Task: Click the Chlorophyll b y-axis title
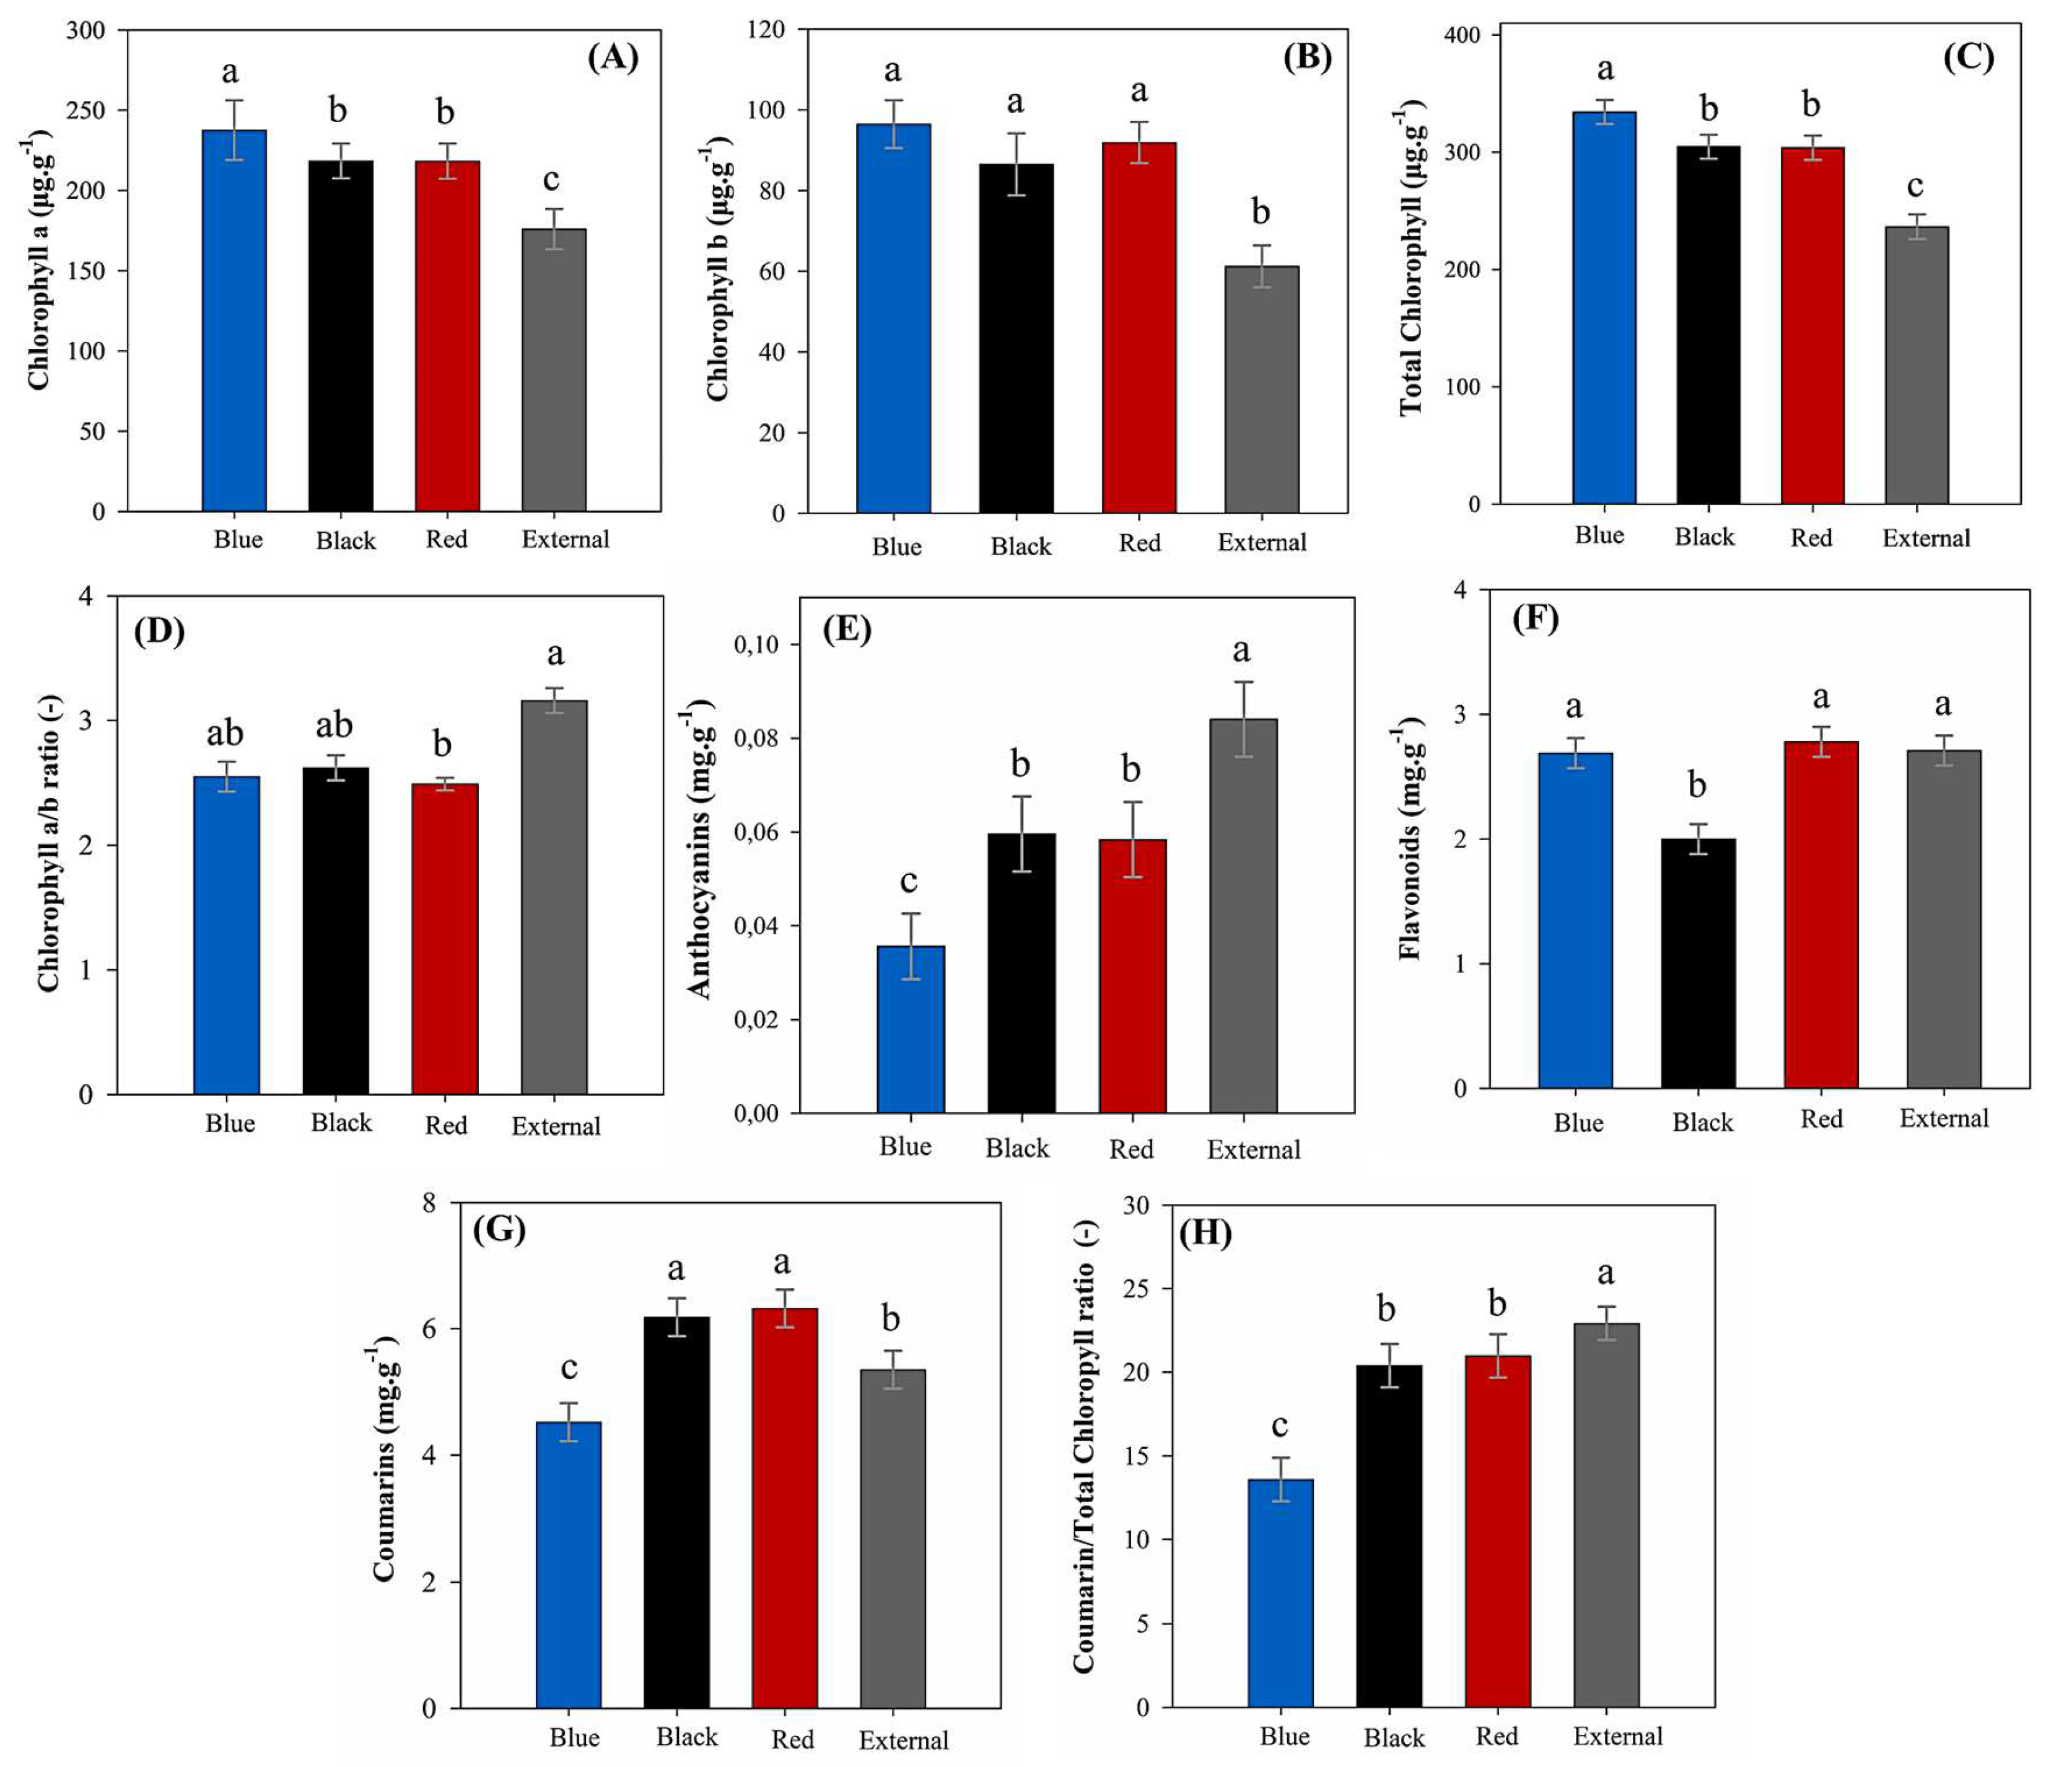pos(719,271)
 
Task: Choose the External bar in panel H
pos(1606,1515)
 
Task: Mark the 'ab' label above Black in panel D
pos(334,726)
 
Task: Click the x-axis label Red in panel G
pos(792,1738)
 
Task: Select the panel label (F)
pos(1535,619)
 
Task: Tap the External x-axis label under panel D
pos(555,1126)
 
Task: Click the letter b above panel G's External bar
pos(891,1318)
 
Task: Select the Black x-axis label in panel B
pos(1021,546)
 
